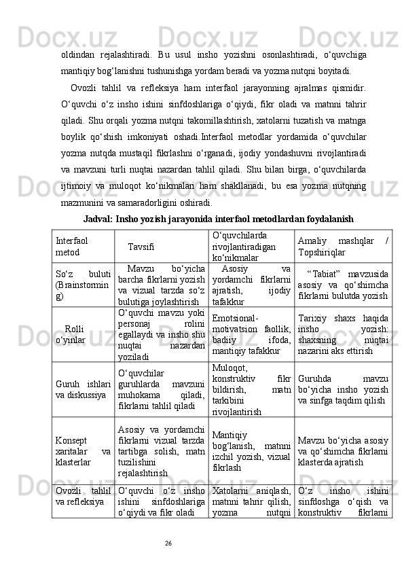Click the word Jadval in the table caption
(98, 219)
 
